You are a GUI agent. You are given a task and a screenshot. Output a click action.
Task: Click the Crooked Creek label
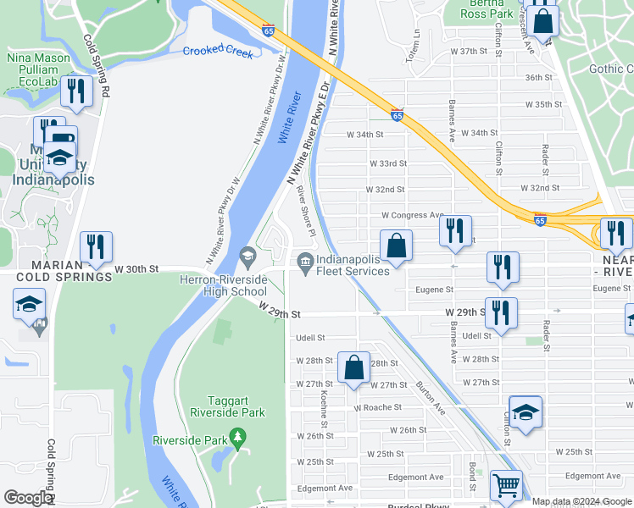(218, 52)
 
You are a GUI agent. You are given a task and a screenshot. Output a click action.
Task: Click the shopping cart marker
(507, 486)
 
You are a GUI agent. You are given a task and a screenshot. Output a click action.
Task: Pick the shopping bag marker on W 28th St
(354, 367)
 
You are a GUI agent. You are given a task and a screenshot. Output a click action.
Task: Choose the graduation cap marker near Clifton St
(526, 412)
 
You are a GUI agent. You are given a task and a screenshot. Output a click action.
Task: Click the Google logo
(27, 498)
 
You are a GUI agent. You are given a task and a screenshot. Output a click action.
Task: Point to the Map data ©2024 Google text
(581, 501)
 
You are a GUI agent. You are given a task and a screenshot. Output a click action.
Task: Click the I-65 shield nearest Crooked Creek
(268, 30)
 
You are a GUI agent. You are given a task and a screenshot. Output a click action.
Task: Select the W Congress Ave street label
(413, 216)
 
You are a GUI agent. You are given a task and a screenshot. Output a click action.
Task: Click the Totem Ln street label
(416, 43)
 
